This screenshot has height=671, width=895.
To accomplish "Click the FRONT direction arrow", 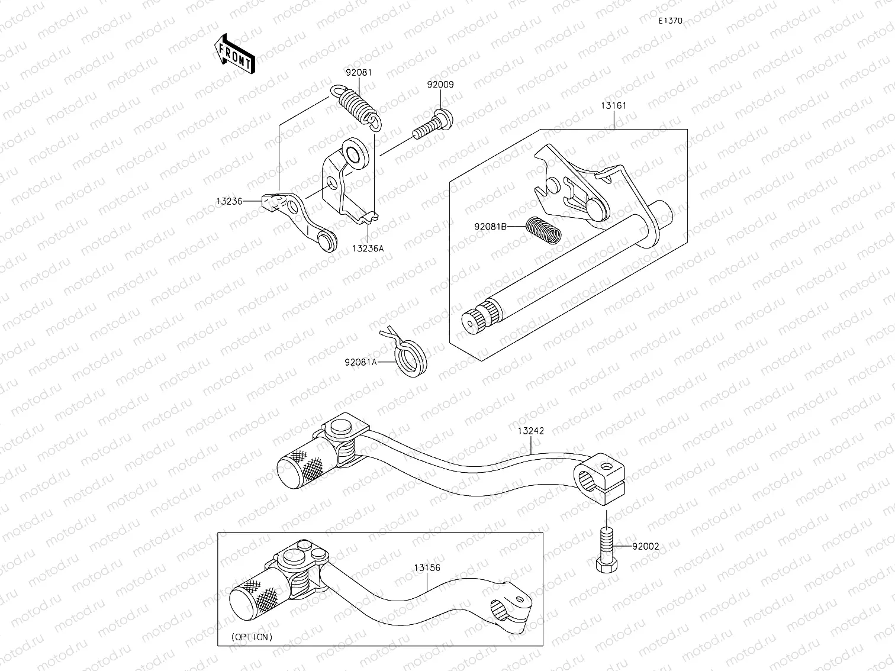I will point(235,54).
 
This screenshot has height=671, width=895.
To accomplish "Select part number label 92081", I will point(359,73).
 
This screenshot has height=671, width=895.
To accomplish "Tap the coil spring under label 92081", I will point(357,107).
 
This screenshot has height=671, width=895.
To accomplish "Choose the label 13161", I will point(613,106).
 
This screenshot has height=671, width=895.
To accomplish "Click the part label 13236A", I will point(368,249).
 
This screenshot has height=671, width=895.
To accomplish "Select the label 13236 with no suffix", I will point(229,201).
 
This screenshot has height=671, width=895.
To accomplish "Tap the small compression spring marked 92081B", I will point(543,230).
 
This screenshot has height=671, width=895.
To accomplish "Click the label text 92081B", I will point(490,226).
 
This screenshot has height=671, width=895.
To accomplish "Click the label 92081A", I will point(360,362).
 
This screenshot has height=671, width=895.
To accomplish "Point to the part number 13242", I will point(530,431).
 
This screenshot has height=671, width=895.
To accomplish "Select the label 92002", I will point(645,547).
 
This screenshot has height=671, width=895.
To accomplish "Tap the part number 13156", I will point(426,567).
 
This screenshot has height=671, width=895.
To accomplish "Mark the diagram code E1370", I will point(670,21).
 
